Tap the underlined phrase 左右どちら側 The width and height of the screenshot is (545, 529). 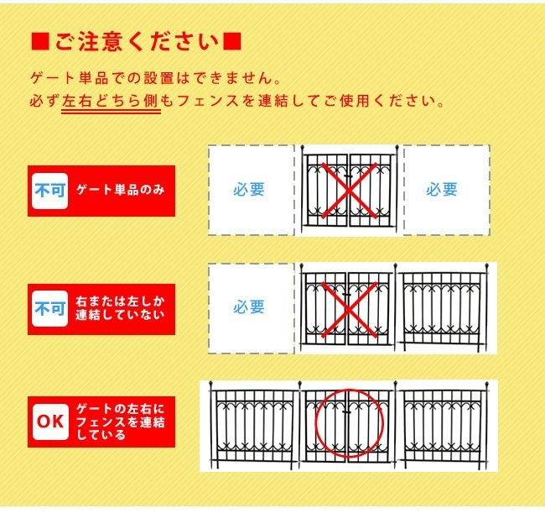pyautogui.click(x=111, y=101)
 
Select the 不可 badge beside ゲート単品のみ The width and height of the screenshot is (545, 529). pyautogui.click(x=49, y=191)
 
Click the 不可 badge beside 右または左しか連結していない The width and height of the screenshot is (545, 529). pyautogui.click(x=49, y=309)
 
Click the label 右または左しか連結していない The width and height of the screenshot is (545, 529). pyautogui.click(x=120, y=309)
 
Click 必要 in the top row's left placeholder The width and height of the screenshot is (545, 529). pyautogui.click(x=249, y=190)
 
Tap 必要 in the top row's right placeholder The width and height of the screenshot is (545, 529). pyautogui.click(x=441, y=190)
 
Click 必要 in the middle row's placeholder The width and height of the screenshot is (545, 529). pyautogui.click(x=249, y=307)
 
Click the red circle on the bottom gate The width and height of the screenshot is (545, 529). pyautogui.click(x=348, y=424)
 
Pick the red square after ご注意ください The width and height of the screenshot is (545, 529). pyautogui.click(x=234, y=41)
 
